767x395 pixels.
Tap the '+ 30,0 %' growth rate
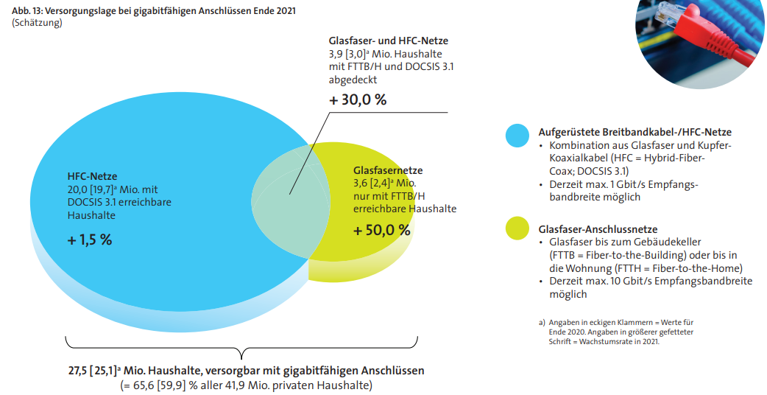click(x=357, y=100)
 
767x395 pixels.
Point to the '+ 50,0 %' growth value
click(x=381, y=230)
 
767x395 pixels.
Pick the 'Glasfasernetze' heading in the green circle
click(x=388, y=170)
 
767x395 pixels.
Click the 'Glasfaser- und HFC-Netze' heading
click(x=388, y=41)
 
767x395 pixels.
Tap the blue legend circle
click(x=517, y=136)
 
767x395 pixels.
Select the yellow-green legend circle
click(x=517, y=228)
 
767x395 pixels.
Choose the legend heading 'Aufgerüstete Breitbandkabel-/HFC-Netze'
click(x=635, y=133)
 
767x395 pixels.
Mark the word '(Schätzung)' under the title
click(x=37, y=23)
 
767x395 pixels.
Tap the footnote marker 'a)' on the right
click(x=542, y=323)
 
